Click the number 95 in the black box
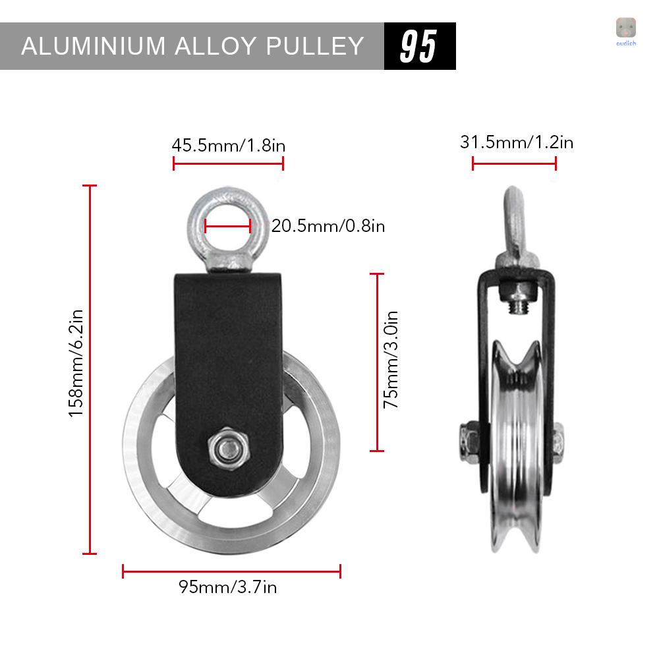pyautogui.click(x=419, y=46)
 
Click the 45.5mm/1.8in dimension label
pyautogui.click(x=228, y=145)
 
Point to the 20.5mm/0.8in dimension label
pyautogui.click(x=328, y=226)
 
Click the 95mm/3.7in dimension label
pyautogui.click(x=228, y=587)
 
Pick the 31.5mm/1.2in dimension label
pyautogui.click(x=516, y=142)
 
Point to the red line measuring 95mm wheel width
pyautogui.click(x=231, y=571)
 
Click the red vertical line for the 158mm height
pyautogui.click(x=90, y=370)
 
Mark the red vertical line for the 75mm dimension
pyautogui.click(x=377, y=362)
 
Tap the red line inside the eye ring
pyautogui.click(x=228, y=227)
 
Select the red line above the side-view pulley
pyautogui.click(x=514, y=163)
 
